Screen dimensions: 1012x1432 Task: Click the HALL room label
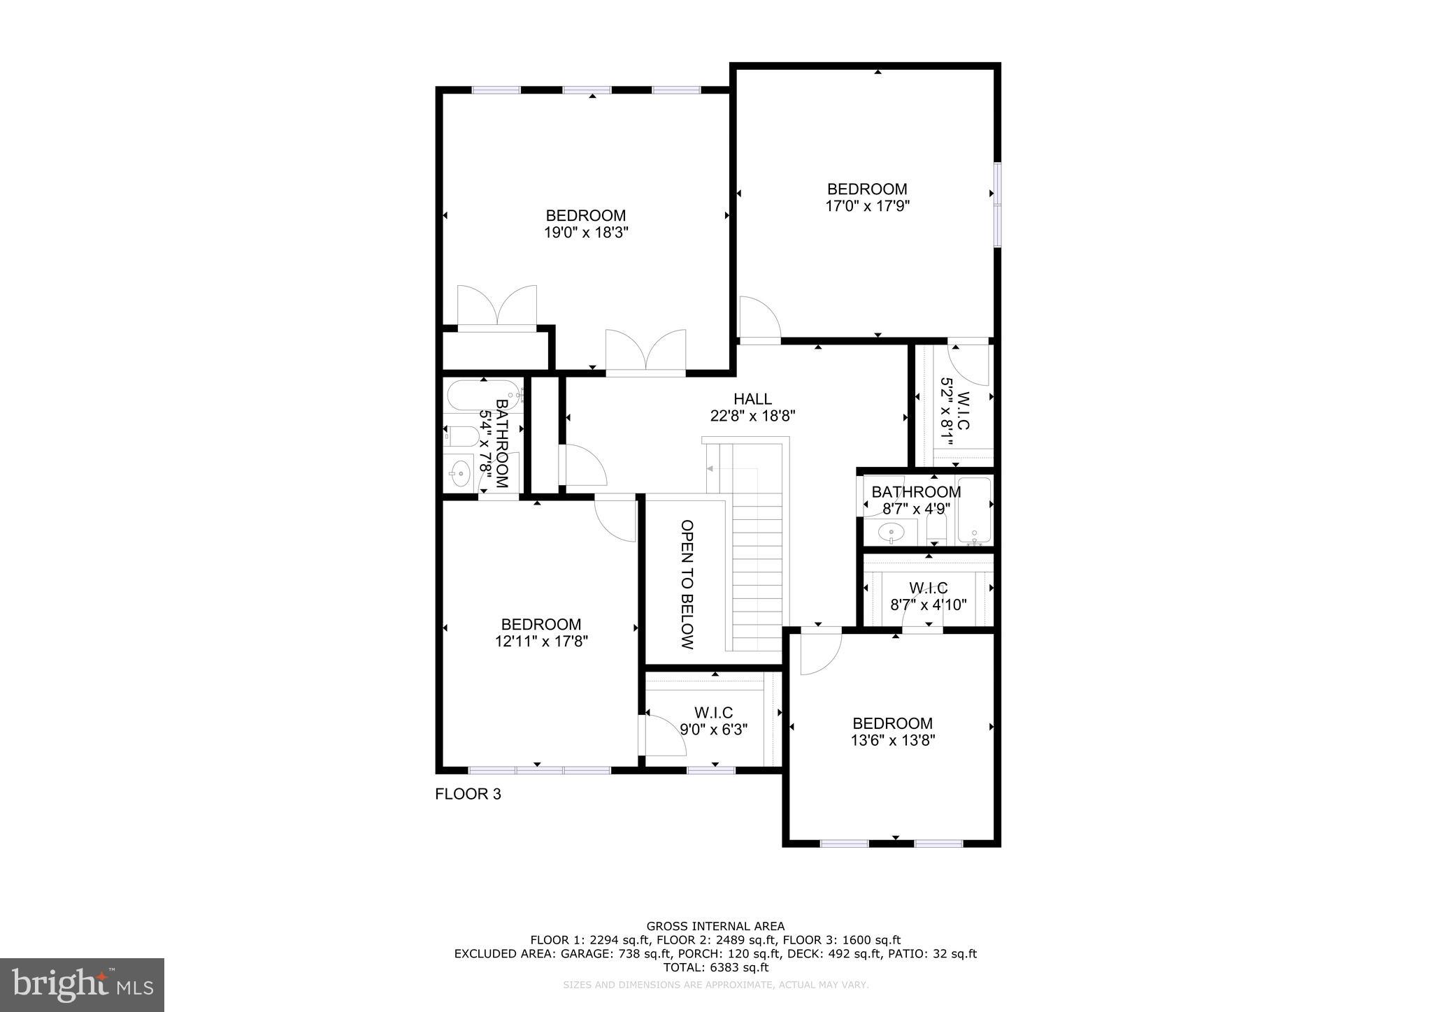pyautogui.click(x=752, y=399)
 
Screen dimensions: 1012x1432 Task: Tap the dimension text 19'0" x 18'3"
pyautogui.click(x=586, y=233)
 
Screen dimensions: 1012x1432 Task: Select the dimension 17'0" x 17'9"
pyautogui.click(x=867, y=206)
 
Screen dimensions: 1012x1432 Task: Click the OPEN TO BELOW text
pyautogui.click(x=687, y=584)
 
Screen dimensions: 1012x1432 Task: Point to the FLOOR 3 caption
pyautogui.click(x=468, y=794)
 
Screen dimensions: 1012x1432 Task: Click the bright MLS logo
pyautogui.click(x=82, y=985)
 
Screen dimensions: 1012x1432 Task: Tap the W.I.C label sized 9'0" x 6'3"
pyautogui.click(x=713, y=713)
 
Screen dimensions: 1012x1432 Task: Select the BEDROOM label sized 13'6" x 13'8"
pyautogui.click(x=892, y=723)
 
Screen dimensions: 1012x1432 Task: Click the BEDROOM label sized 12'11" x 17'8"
pyautogui.click(x=540, y=624)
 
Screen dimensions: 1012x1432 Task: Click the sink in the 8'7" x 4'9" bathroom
pyautogui.click(x=891, y=533)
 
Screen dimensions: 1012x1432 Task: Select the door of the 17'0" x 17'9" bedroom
pyautogui.click(x=759, y=320)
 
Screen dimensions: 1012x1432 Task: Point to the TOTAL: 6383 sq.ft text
pyautogui.click(x=715, y=968)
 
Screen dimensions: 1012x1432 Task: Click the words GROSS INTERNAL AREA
pyautogui.click(x=715, y=927)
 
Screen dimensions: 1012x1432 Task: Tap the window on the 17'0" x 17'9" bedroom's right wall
pyautogui.click(x=998, y=205)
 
